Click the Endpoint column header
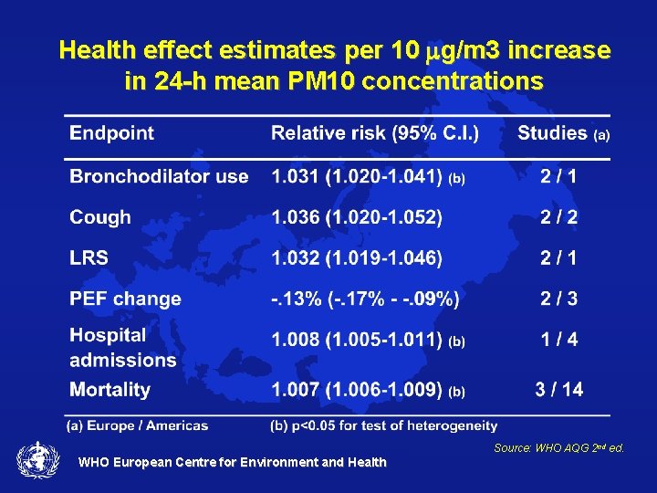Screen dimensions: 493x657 pyautogui.click(x=112, y=133)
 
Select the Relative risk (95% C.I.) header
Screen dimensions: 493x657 pyautogui.click(x=375, y=133)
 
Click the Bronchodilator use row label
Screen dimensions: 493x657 pyautogui.click(x=159, y=176)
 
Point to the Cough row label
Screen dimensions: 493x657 pyautogui.click(x=100, y=217)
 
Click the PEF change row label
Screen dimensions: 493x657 pyautogui.click(x=125, y=299)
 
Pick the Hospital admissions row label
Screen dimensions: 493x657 pyautogui.click(x=122, y=348)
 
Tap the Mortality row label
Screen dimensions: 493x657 pyautogui.click(x=109, y=390)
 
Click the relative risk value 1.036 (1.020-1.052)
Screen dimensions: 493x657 pyautogui.click(x=356, y=217)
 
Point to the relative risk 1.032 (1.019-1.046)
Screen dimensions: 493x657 pyautogui.click(x=356, y=258)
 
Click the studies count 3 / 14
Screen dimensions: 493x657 pyautogui.click(x=558, y=390)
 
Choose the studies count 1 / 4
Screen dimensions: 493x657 pyautogui.click(x=558, y=340)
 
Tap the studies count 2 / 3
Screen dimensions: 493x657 pyautogui.click(x=558, y=299)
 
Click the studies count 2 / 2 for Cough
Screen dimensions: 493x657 pyautogui.click(x=558, y=217)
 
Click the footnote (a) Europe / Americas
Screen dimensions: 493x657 pyautogui.click(x=136, y=425)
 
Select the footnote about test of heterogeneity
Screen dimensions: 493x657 pyautogui.click(x=384, y=425)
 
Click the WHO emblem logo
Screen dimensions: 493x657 pyautogui.click(x=36, y=459)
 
